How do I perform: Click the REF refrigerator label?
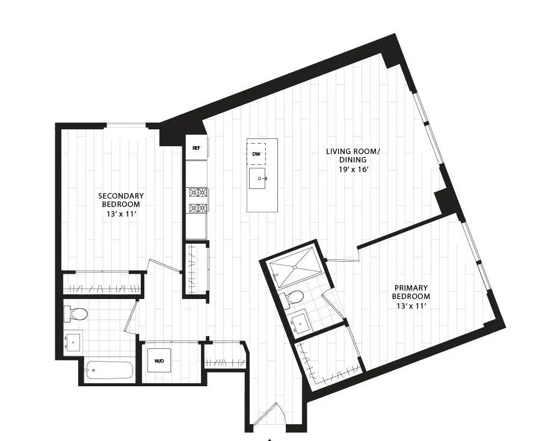click(x=196, y=147)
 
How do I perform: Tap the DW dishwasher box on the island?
click(x=256, y=153)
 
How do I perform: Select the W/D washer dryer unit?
click(x=159, y=361)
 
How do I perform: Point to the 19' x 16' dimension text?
click(x=353, y=170)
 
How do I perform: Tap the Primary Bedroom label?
click(x=411, y=292)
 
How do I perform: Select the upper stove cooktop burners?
click(x=198, y=193)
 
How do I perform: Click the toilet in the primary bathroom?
click(x=294, y=297)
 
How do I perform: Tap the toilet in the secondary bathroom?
click(x=77, y=313)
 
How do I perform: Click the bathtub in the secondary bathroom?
click(x=108, y=370)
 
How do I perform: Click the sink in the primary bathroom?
click(x=298, y=323)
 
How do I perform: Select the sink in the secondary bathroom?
click(x=73, y=342)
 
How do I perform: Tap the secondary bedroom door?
click(x=163, y=266)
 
